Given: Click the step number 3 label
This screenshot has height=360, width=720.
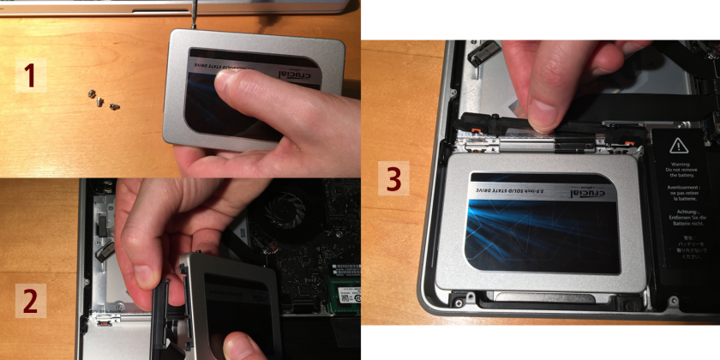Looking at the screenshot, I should click(393, 179).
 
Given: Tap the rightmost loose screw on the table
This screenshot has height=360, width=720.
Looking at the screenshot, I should click(116, 106).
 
